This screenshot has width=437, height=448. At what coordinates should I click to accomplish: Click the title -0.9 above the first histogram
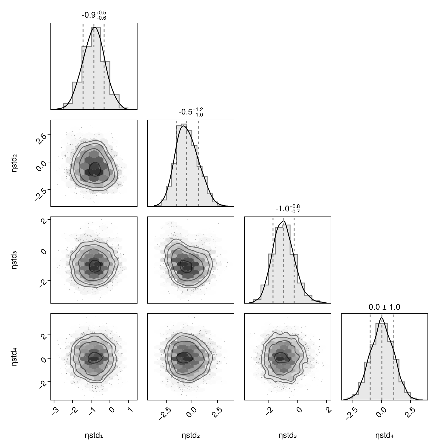tap(94, 15)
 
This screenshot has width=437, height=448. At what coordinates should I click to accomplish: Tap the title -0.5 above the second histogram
tap(191, 112)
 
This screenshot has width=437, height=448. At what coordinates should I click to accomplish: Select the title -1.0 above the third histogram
tap(287, 209)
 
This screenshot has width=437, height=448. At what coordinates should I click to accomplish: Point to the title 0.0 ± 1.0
tap(384, 307)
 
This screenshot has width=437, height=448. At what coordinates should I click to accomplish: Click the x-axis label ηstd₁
tap(94, 435)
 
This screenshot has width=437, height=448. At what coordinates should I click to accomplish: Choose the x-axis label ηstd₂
tap(191, 435)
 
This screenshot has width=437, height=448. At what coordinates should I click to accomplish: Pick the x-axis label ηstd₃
tap(287, 435)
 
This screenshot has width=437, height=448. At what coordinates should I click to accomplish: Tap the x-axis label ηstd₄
tap(384, 435)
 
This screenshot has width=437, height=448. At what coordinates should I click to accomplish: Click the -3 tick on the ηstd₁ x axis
tap(55, 410)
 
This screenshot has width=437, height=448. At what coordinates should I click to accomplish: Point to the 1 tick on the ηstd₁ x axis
tap(129, 410)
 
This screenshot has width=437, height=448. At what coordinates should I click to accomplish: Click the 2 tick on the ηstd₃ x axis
tap(328, 410)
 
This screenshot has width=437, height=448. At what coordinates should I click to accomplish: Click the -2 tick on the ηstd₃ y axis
tap(42, 283)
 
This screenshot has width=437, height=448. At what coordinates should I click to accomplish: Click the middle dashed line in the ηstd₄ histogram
tap(382, 357)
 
